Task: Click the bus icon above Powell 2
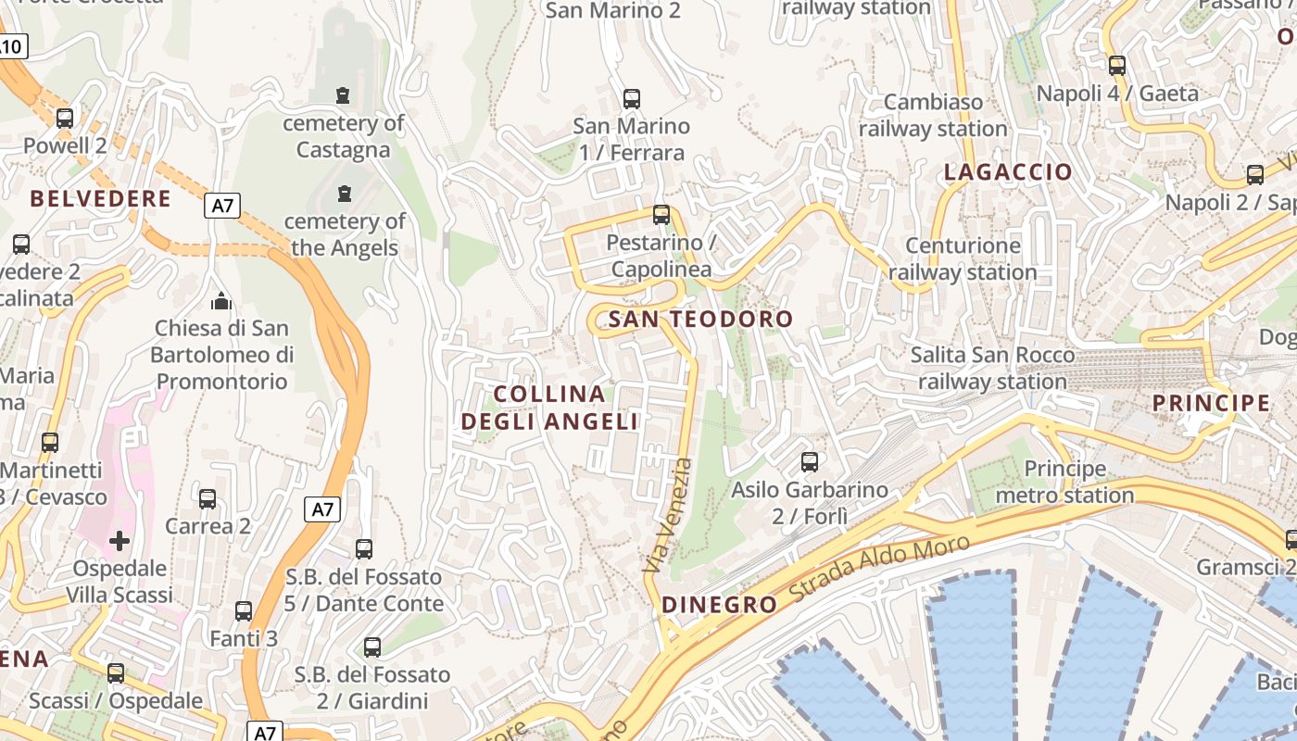pos(65,119)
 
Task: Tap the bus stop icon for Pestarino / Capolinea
pos(661,215)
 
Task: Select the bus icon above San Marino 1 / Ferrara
pos(632,98)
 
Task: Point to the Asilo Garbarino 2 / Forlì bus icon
pos(810,461)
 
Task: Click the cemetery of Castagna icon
pos(343,94)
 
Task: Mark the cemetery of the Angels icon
pos(345,193)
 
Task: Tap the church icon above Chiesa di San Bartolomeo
pos(221,301)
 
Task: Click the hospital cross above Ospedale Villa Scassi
pos(120,541)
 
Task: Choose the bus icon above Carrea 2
pos(208,499)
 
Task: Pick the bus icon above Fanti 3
pos(244,611)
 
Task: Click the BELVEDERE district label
pos(100,199)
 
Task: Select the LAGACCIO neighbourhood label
pos(1008,172)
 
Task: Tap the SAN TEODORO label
pos(701,320)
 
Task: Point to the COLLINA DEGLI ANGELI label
pos(550,408)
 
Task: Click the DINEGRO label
pos(720,606)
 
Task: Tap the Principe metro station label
pos(1064,483)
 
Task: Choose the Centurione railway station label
pos(963,259)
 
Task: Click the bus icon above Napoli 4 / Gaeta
pos(1117,66)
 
